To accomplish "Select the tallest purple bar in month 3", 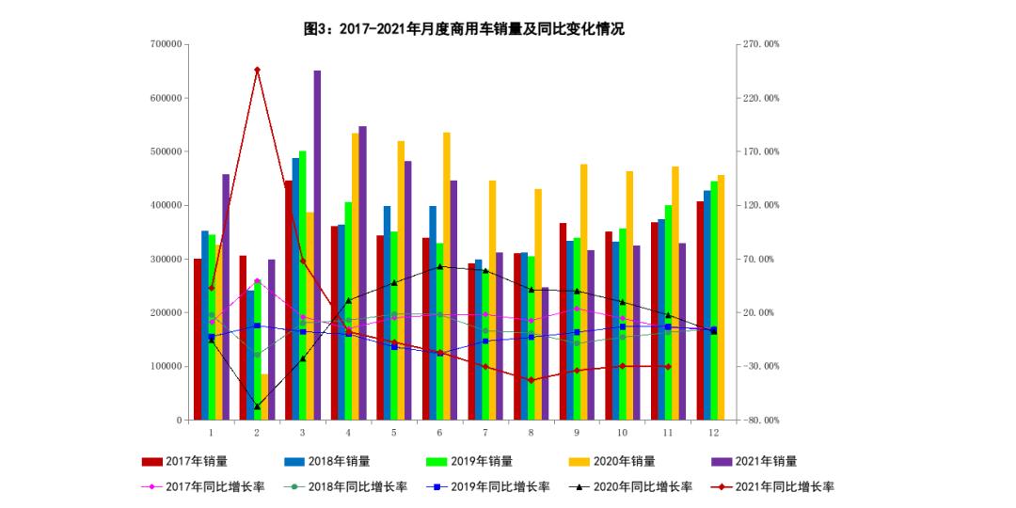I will coord(317,245).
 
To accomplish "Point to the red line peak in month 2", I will coord(257,70).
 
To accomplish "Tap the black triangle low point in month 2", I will coord(257,406).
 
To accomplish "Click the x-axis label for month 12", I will coord(714,433).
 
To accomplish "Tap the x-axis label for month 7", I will coord(484,433).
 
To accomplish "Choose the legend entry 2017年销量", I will coord(184,461).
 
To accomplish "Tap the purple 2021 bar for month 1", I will coord(226,296).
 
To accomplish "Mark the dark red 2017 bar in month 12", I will coord(700,310).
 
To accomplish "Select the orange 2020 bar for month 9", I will coord(584,292).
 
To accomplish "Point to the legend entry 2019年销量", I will coord(469,461).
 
